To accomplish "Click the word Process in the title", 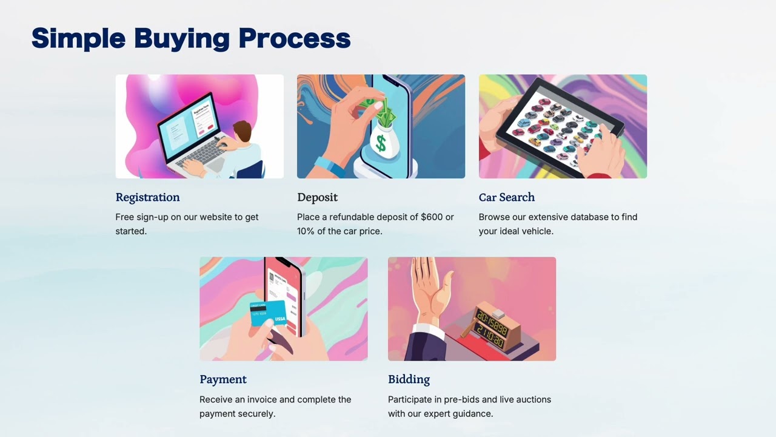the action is (295, 38).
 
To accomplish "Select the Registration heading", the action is (147, 197).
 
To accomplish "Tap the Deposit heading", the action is (317, 197).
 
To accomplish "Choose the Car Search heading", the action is (507, 197).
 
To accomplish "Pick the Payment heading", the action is (223, 379).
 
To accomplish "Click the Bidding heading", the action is (409, 379).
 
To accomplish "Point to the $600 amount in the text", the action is (432, 217).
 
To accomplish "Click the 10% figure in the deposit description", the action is (306, 231).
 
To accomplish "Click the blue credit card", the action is (269, 313).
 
